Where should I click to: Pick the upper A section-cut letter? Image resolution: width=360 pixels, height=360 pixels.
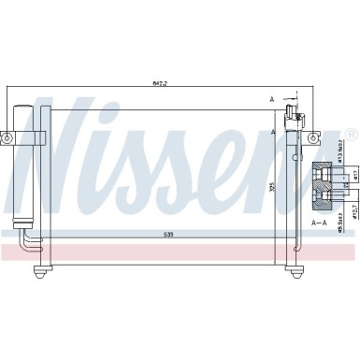tap(272, 99)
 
